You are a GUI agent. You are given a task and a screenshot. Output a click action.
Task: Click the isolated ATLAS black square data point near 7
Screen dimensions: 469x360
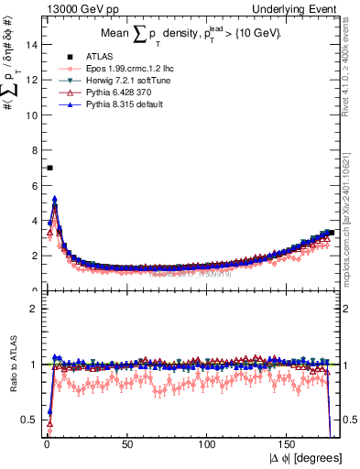49,168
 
